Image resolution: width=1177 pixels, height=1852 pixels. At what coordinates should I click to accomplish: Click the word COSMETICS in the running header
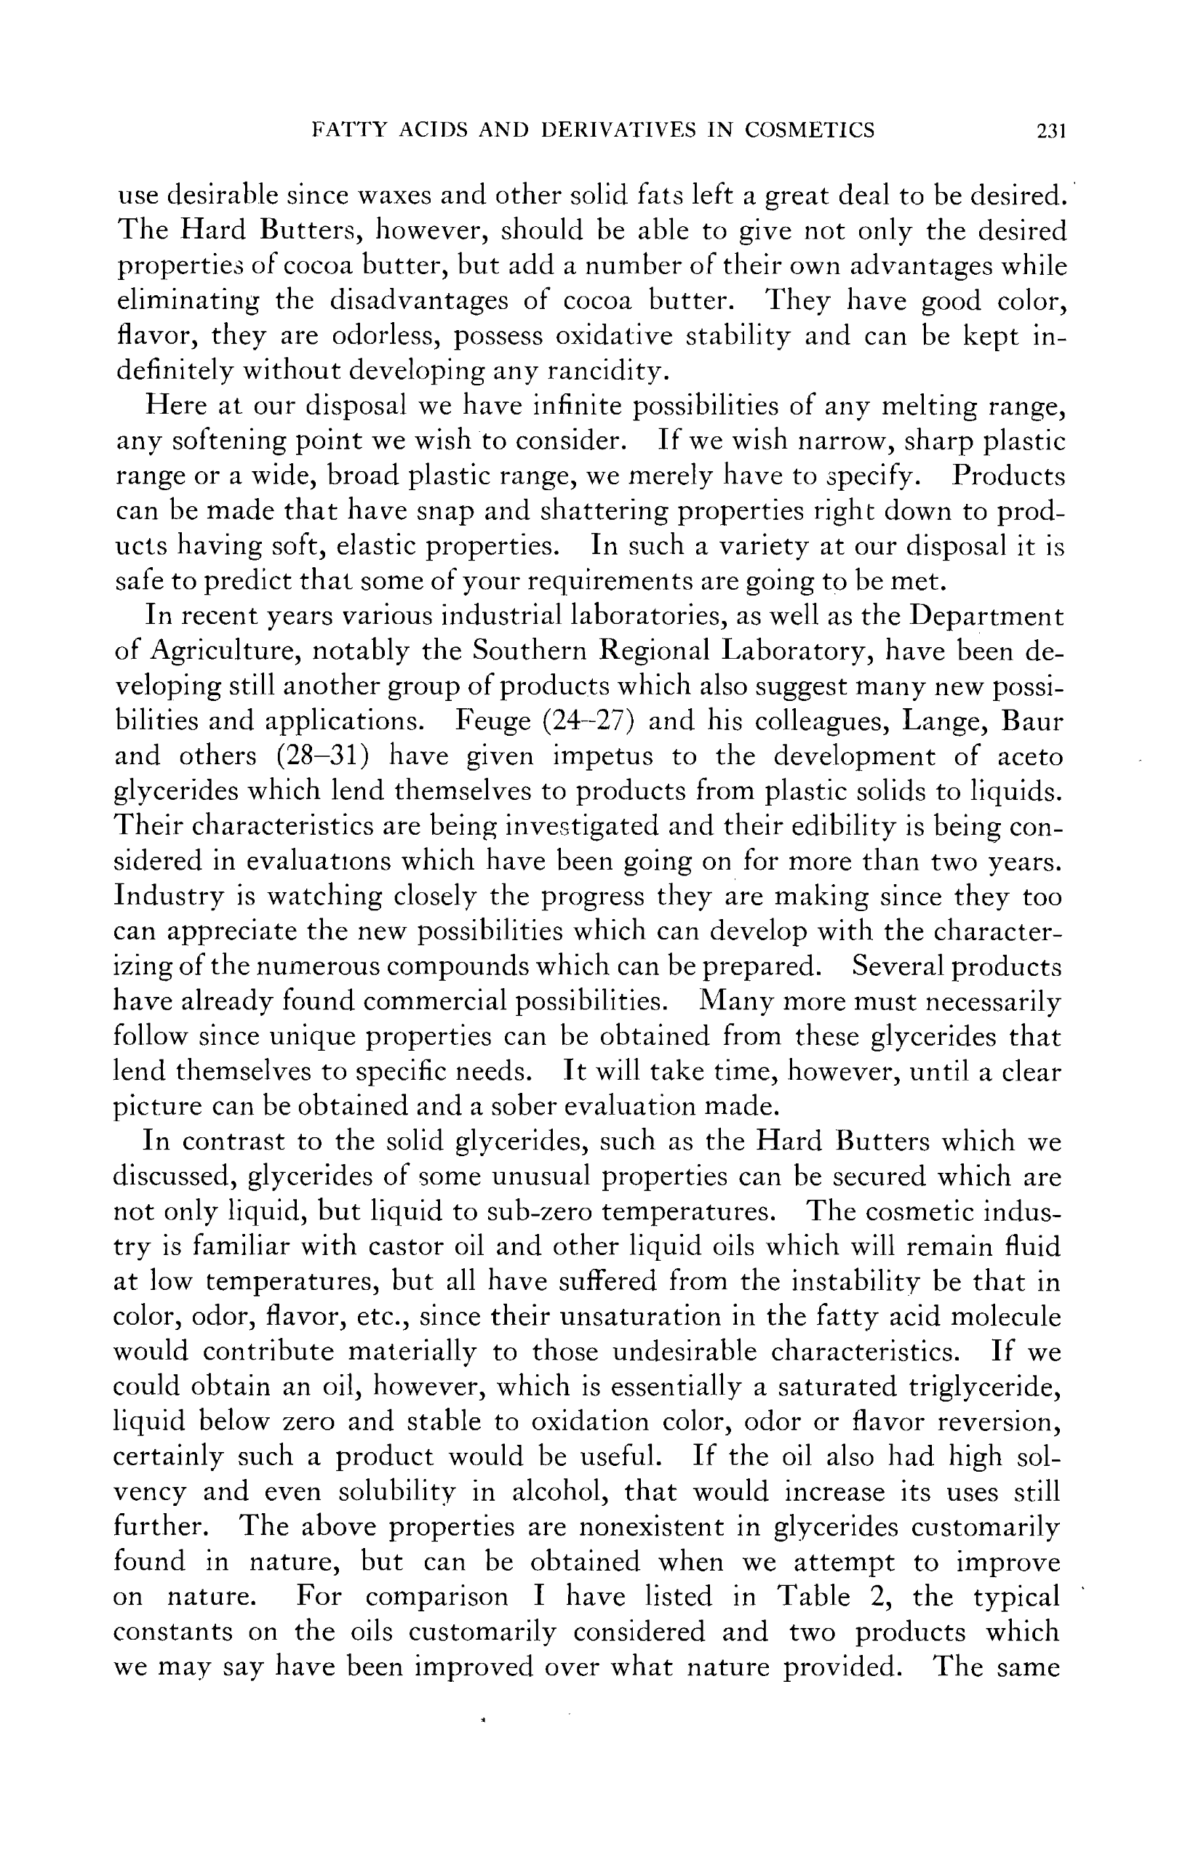point(810,130)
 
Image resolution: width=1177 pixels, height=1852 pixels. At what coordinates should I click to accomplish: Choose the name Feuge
point(492,721)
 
